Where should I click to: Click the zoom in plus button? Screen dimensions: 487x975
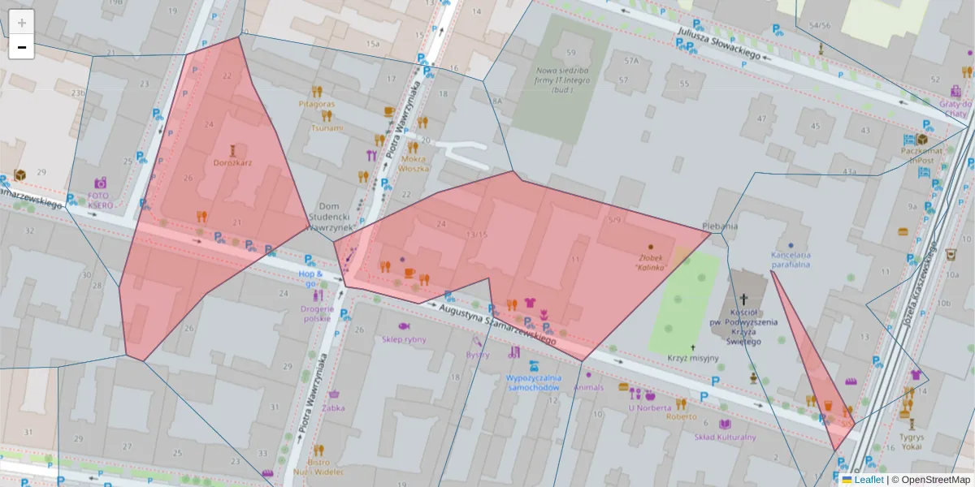(x=22, y=22)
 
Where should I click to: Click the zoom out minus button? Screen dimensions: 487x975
(x=22, y=47)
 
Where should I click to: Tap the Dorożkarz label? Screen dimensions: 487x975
(x=232, y=162)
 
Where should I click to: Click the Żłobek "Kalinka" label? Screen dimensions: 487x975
(x=651, y=261)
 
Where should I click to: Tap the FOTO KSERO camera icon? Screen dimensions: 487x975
(x=100, y=183)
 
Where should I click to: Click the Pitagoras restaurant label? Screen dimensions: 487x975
(x=316, y=105)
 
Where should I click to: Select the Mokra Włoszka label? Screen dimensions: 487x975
(x=414, y=163)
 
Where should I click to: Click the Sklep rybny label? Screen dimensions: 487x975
(x=404, y=339)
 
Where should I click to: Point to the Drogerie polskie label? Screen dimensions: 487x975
(x=316, y=314)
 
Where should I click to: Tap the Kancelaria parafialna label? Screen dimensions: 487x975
(x=791, y=258)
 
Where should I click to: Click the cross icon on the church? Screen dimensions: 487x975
(x=743, y=300)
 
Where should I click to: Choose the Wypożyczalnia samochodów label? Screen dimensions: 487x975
(x=533, y=382)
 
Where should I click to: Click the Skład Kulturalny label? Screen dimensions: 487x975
(x=725, y=437)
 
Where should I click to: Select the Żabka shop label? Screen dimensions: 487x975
(x=333, y=408)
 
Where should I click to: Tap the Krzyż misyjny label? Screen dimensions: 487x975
(x=693, y=358)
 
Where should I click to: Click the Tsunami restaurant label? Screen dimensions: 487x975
(x=327, y=128)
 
